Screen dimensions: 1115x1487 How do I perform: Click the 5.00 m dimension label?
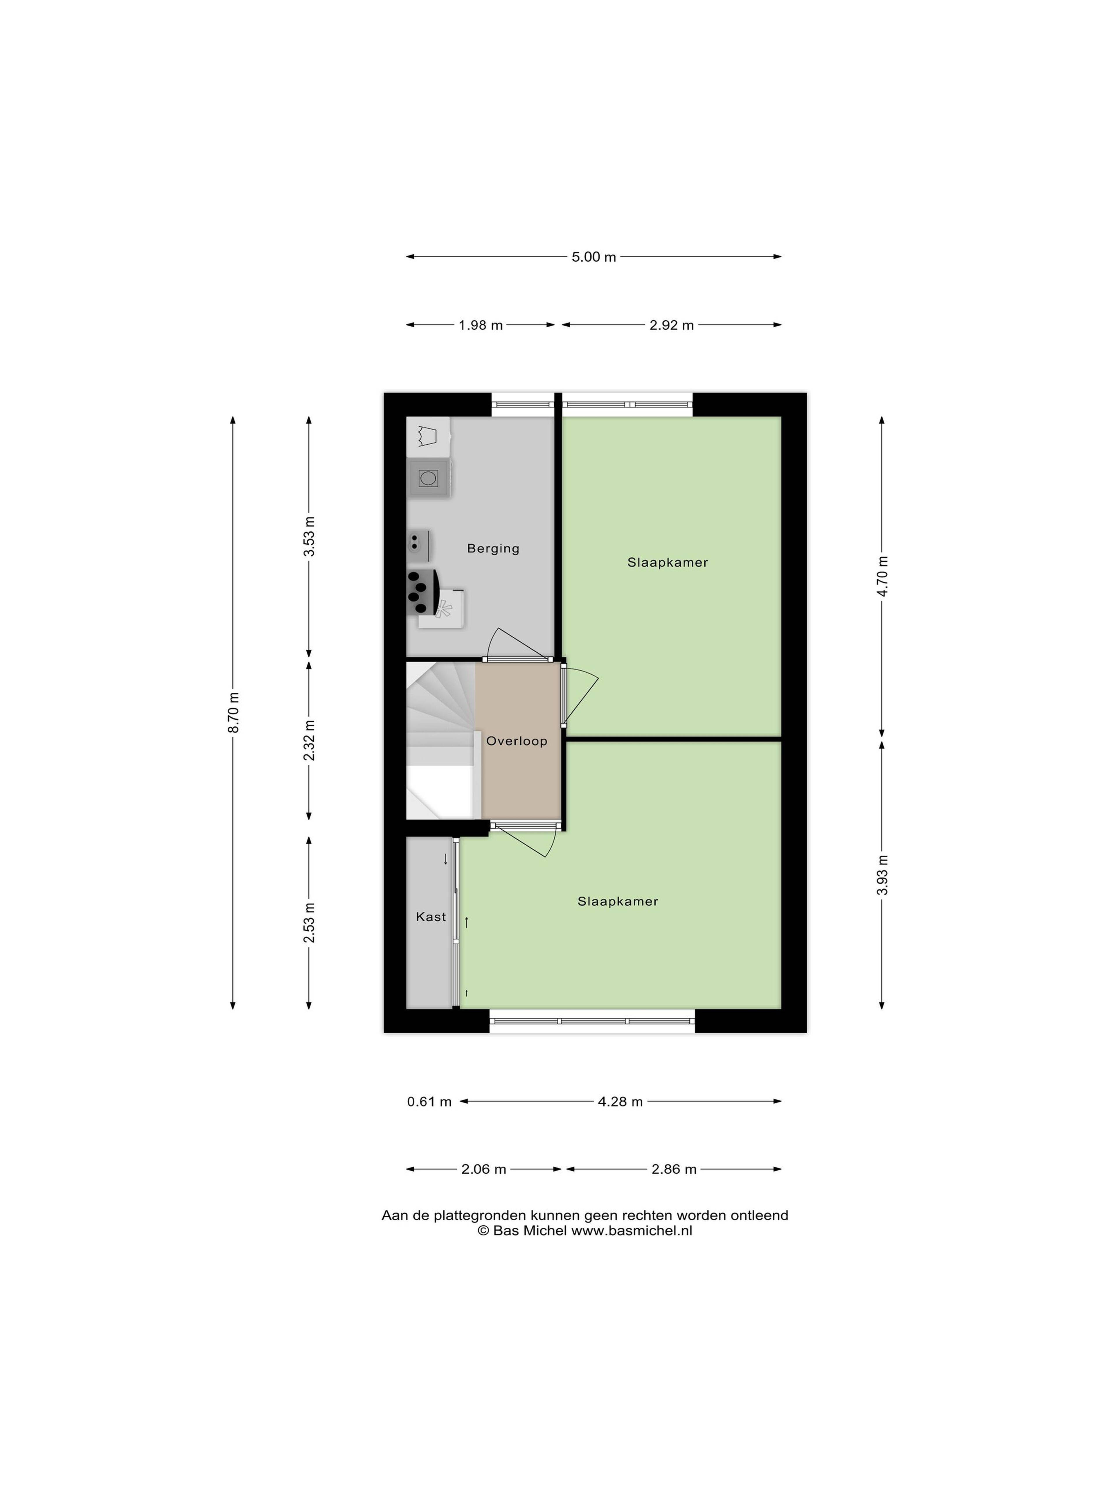(594, 257)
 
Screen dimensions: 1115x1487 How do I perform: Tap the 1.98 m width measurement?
(481, 325)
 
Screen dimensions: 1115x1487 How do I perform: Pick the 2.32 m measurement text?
(309, 740)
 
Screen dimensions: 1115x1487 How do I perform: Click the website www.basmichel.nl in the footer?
(632, 1231)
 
